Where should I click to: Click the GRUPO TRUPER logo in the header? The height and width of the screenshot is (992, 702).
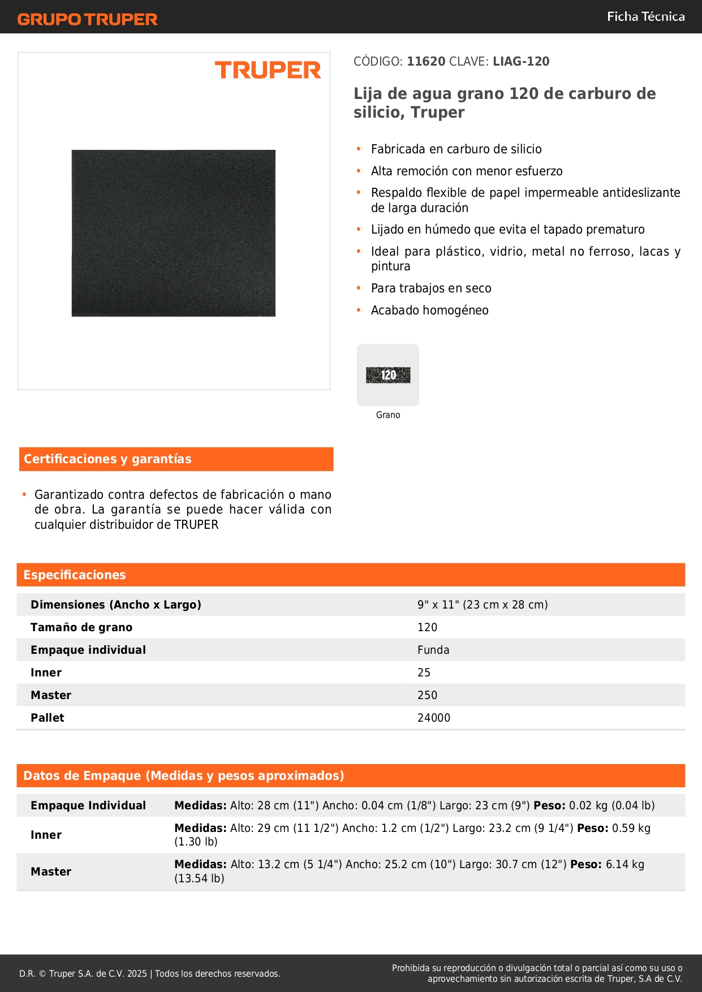click(x=88, y=19)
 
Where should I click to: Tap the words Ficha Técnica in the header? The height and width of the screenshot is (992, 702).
click(x=645, y=17)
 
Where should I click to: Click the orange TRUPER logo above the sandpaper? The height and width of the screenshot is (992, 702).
click(x=268, y=70)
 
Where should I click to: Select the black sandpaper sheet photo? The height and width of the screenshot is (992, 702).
click(x=174, y=233)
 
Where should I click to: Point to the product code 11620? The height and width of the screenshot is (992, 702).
click(x=426, y=62)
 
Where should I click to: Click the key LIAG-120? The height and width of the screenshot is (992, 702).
click(x=521, y=62)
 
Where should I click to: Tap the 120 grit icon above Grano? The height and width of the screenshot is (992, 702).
click(x=388, y=375)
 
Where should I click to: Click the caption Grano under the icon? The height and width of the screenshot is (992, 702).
click(x=388, y=415)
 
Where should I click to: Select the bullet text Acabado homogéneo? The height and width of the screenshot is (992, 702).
click(x=429, y=310)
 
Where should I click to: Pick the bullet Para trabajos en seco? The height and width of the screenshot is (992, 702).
click(x=431, y=288)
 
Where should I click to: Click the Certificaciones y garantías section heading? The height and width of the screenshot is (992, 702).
click(x=107, y=459)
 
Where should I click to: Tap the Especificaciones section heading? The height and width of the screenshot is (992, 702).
click(x=75, y=575)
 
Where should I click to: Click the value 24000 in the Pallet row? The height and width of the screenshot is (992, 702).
click(x=434, y=718)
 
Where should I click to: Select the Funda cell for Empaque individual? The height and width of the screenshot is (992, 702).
click(x=433, y=650)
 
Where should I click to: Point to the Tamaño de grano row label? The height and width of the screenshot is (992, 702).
click(x=81, y=627)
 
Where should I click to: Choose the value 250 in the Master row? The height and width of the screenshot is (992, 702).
click(x=427, y=695)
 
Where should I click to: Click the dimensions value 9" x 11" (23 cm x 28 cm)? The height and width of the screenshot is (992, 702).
click(x=483, y=605)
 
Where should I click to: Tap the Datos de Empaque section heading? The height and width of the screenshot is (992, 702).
click(x=184, y=776)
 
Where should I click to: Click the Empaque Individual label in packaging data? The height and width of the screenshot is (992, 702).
click(x=88, y=805)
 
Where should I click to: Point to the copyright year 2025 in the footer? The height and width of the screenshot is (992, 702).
click(x=137, y=973)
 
